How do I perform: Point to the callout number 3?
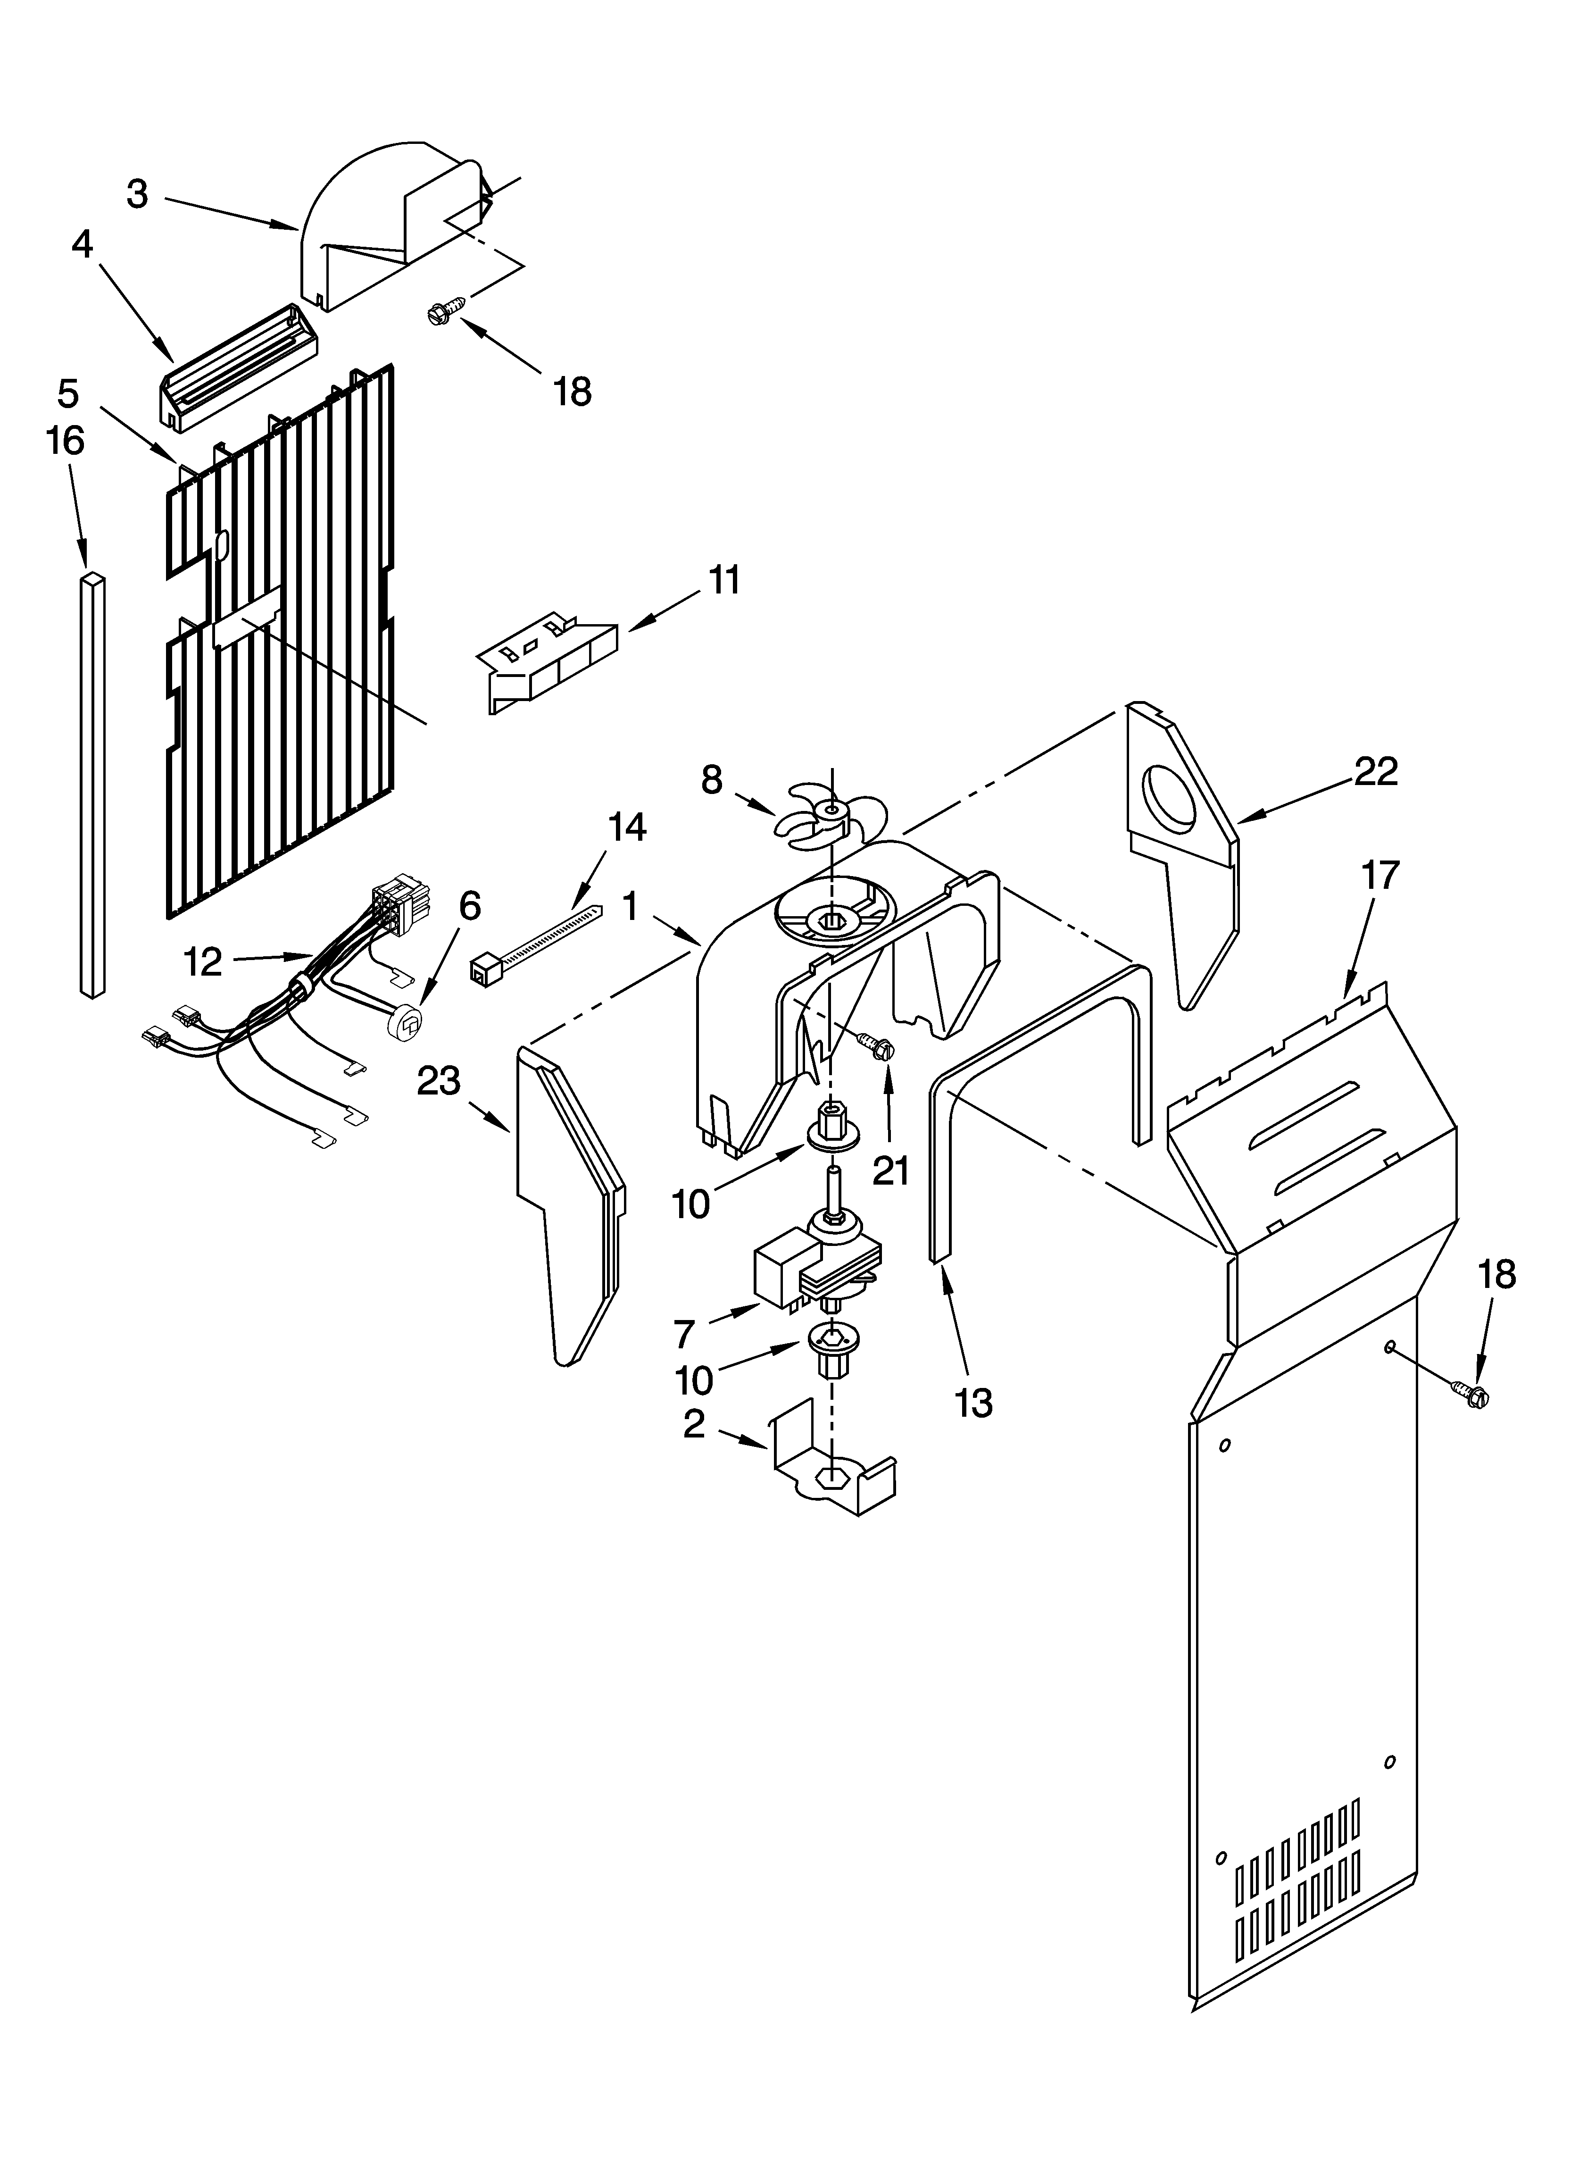tap(138, 194)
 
